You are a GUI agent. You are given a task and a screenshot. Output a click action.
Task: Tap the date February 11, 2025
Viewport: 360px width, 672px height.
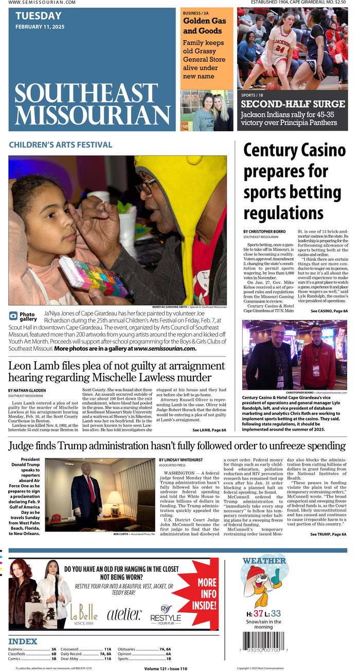click(x=40, y=27)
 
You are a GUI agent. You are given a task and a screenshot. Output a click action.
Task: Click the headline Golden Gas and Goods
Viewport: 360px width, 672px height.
click(x=204, y=26)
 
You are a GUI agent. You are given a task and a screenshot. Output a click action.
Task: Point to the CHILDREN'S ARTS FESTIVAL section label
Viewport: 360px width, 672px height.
click(x=61, y=145)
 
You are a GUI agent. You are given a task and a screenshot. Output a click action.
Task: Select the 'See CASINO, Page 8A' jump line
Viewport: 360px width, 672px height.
click(x=329, y=311)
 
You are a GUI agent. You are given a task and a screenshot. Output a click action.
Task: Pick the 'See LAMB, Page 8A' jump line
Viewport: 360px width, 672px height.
click(x=209, y=430)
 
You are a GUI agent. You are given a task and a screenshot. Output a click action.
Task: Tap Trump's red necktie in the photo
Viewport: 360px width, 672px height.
click(x=91, y=488)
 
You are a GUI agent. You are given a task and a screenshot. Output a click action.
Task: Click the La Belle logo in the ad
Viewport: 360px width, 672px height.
click(x=84, y=612)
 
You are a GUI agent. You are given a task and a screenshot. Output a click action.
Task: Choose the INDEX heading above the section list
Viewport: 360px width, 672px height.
click(x=23, y=641)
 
